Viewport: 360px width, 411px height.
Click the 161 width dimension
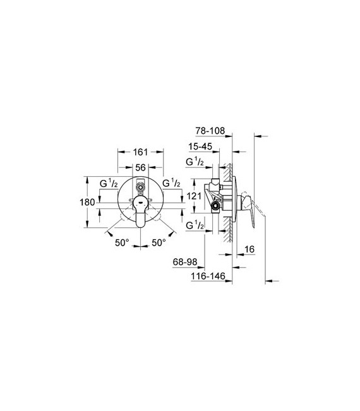[141, 152]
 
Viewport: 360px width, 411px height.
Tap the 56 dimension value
[141, 167]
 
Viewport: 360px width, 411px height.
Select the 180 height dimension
[87, 203]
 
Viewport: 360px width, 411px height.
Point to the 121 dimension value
[194, 196]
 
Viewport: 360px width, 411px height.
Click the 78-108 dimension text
[210, 131]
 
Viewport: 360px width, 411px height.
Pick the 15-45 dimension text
[200, 146]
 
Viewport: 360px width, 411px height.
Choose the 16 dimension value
[249, 249]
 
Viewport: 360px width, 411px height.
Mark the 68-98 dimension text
[185, 261]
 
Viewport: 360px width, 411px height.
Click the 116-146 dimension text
[208, 276]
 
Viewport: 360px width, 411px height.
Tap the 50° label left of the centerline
[122, 242]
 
